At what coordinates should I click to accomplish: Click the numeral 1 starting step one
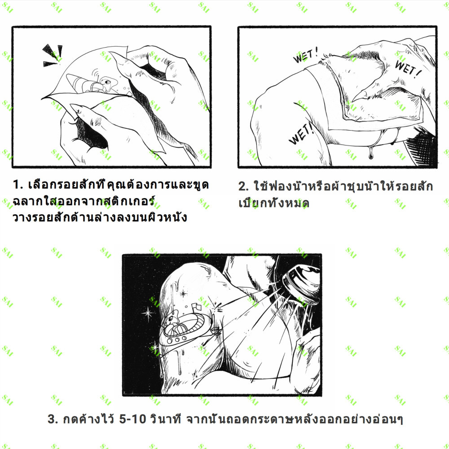click(x=16, y=185)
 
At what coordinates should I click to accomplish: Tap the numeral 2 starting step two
click(x=243, y=186)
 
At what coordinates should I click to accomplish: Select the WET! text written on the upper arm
click(x=301, y=134)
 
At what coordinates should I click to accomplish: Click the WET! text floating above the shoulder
click(x=305, y=55)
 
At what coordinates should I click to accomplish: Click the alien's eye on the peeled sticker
click(x=108, y=82)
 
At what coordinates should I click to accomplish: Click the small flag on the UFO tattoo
click(x=197, y=307)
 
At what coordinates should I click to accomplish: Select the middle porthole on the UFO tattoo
click(x=177, y=339)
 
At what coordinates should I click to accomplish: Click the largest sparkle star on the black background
click(x=148, y=313)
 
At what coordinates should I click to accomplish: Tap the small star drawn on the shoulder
click(x=183, y=293)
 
